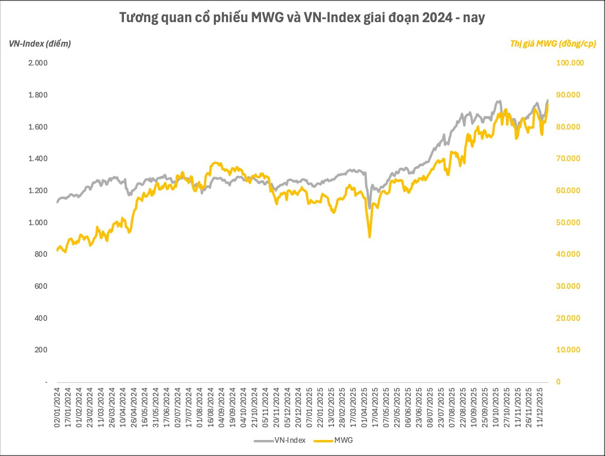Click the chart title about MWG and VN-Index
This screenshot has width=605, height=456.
302,18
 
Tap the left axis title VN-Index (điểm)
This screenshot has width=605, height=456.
40,44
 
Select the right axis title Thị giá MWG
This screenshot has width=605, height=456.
553,44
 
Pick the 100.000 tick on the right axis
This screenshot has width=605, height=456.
571,63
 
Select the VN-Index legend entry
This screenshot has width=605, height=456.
280,440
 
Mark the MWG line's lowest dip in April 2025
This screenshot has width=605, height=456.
369,237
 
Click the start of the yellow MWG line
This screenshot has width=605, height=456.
57,250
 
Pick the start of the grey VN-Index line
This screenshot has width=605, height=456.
57,202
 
